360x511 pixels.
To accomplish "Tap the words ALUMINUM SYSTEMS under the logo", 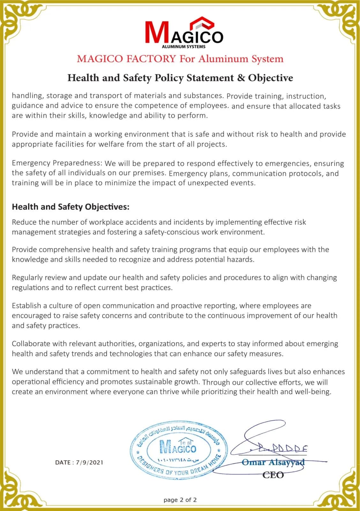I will pyautogui.click(x=184, y=47).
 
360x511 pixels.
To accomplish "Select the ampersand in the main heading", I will pyautogui.click(x=241, y=78).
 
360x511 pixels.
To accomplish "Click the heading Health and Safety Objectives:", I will pyautogui.click(x=71, y=207).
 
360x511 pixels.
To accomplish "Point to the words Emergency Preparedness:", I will pyautogui.click(x=57, y=163).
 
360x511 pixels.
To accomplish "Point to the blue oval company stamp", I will pyautogui.click(x=179, y=450).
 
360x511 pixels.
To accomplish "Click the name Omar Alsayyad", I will pyautogui.click(x=273, y=462).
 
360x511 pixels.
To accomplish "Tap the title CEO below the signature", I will pyautogui.click(x=273, y=475).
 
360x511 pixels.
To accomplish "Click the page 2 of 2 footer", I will pyautogui.click(x=180, y=500).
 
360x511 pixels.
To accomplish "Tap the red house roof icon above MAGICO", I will pyautogui.click(x=202, y=23).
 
